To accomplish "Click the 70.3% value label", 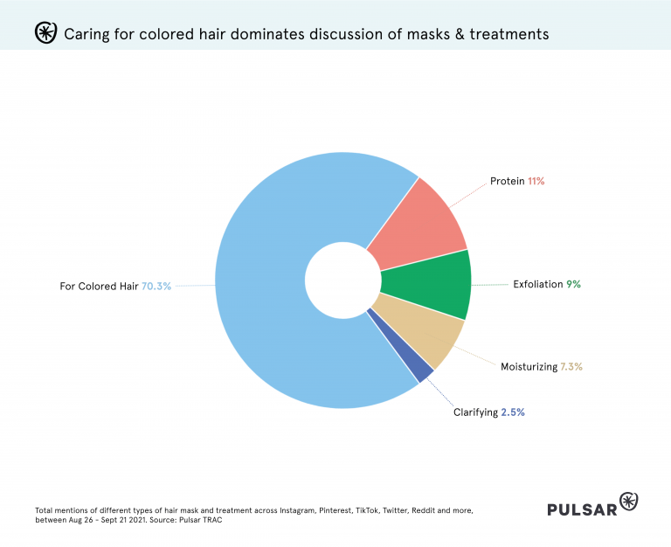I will click(156, 286).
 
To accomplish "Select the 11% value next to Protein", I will click(536, 181).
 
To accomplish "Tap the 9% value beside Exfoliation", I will click(573, 284).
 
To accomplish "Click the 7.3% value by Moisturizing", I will click(571, 367).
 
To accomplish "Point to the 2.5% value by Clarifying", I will click(514, 412).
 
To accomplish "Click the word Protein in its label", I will click(508, 181).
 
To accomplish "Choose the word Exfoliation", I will click(538, 284).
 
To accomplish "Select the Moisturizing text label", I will click(529, 367).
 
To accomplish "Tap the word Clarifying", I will click(475, 412).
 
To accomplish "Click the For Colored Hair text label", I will click(99, 286).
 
